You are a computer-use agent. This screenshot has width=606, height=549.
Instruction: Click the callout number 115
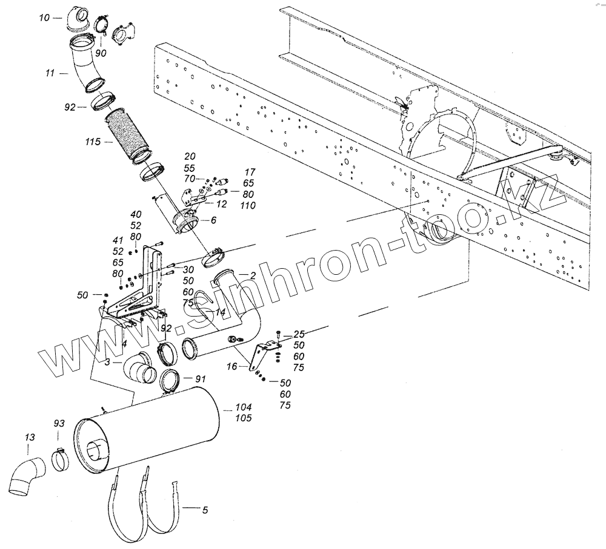tap(95, 142)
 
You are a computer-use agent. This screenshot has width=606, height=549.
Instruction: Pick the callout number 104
tap(243, 407)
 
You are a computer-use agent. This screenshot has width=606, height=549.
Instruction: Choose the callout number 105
tap(243, 418)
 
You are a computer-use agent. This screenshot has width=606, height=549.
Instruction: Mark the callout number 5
tap(205, 511)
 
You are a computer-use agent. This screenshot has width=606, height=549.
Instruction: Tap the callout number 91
tap(201, 378)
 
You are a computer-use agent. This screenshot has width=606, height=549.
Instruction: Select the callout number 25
tap(299, 334)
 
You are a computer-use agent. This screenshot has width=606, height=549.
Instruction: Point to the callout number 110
tap(247, 206)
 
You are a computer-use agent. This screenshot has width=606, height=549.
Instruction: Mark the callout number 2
tap(252, 275)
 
